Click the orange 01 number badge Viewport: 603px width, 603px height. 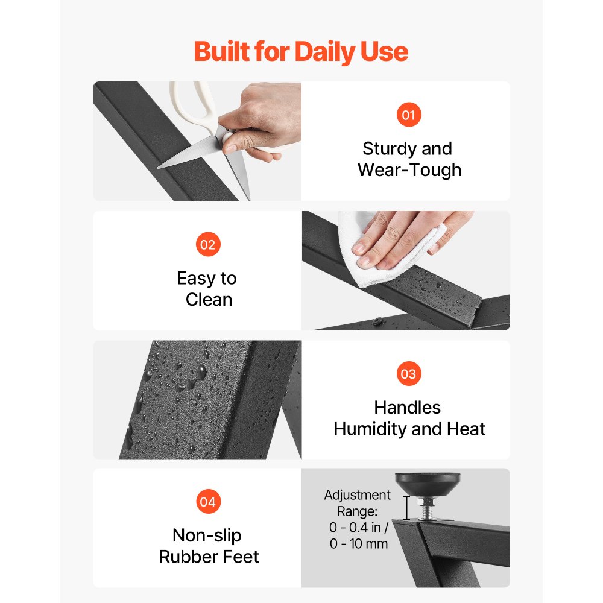click(x=409, y=115)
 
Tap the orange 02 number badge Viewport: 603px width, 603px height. click(x=208, y=244)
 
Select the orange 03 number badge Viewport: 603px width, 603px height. click(x=409, y=373)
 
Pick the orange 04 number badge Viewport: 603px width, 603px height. click(x=208, y=502)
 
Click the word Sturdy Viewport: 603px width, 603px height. click(x=390, y=149)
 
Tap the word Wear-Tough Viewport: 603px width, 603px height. click(x=409, y=170)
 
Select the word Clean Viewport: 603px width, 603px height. click(x=209, y=300)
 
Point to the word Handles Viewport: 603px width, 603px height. click(x=408, y=408)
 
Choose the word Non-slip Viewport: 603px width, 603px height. click(x=207, y=535)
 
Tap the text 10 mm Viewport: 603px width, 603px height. click(x=369, y=544)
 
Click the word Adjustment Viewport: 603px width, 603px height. click(x=357, y=495)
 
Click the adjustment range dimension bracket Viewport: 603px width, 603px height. click(x=406, y=508)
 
